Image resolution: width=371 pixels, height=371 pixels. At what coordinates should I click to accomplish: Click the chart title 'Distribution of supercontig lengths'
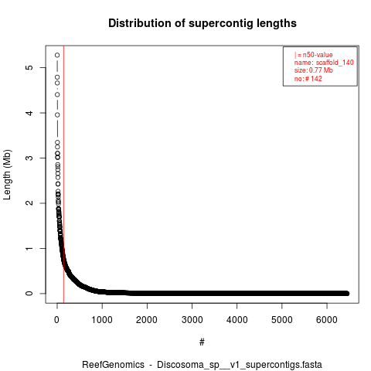pos(203,23)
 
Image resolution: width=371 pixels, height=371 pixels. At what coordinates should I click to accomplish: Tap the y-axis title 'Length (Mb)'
pos(7,175)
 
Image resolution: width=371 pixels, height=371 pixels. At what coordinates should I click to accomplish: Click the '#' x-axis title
pos(202,342)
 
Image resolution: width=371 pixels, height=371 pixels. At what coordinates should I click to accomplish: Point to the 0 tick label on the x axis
pos(57,320)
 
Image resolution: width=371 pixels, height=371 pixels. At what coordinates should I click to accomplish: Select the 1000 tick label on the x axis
pos(102,320)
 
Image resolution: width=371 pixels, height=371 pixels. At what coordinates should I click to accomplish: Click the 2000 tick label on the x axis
pos(147,320)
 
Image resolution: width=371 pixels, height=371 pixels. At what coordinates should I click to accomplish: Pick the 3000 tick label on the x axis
pos(192,320)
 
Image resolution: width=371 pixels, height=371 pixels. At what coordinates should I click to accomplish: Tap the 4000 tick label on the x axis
pos(237,320)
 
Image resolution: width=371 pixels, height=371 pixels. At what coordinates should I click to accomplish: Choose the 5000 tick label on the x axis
pos(282,320)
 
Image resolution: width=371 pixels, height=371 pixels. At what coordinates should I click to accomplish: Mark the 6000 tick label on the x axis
pos(327,320)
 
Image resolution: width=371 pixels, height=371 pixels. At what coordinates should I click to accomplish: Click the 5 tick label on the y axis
pos(29,67)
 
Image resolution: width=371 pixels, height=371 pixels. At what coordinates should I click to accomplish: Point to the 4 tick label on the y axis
pos(29,113)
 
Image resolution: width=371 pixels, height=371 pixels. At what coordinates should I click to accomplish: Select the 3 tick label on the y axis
pos(29,158)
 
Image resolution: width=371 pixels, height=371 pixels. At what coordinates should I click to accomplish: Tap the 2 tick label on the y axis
pos(29,203)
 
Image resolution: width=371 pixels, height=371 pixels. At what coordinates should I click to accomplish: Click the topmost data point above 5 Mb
pos(57,55)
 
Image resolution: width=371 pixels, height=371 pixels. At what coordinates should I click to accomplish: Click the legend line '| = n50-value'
pos(313,55)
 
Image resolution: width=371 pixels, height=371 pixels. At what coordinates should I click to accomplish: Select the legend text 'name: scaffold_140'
pos(324,63)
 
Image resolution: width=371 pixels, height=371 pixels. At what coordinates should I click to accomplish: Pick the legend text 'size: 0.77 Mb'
pos(314,70)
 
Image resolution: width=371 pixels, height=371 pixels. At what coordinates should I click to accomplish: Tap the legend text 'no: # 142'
pos(308,79)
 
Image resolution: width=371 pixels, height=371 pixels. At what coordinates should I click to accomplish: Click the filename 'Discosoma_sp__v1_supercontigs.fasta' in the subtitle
pos(240,365)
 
